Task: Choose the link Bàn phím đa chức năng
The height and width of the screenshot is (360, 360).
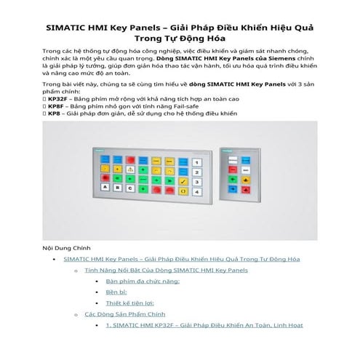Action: tap(143, 281)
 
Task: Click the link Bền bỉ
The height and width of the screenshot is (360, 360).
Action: tap(117, 292)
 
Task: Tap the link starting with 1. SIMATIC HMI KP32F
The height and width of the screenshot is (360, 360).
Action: tap(204, 325)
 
